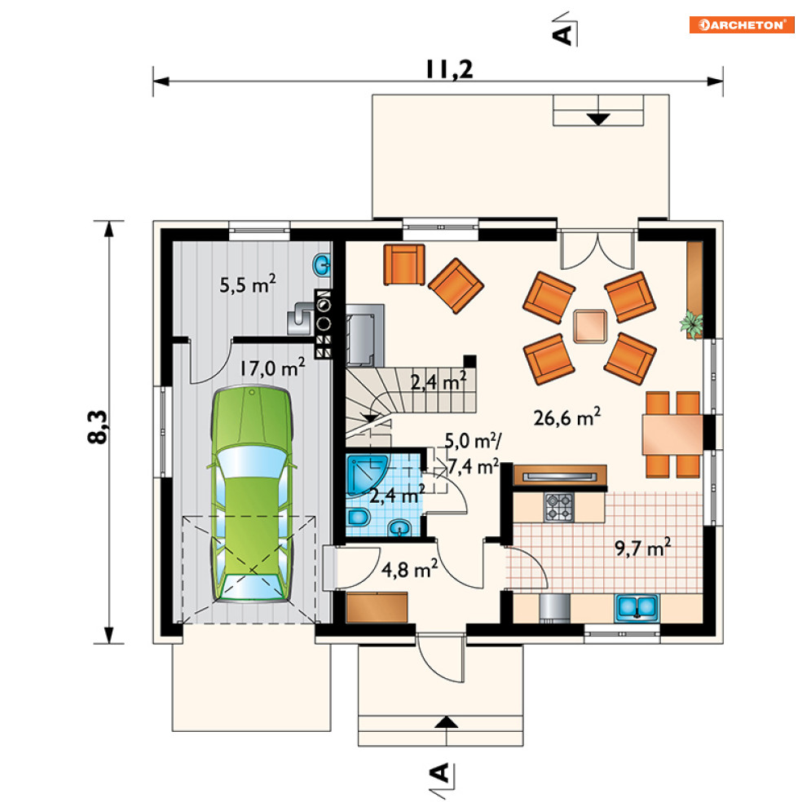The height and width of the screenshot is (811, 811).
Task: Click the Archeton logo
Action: pyautogui.click(x=742, y=24)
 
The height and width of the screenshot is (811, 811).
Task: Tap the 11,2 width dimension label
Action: pyautogui.click(x=449, y=69)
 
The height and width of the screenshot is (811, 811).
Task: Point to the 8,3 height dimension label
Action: pyautogui.click(x=97, y=427)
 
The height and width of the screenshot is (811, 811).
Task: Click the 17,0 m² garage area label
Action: pyautogui.click(x=272, y=368)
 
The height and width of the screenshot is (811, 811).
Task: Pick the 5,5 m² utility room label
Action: pyautogui.click(x=248, y=284)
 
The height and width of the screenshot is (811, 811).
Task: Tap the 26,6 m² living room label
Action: pyautogui.click(x=566, y=417)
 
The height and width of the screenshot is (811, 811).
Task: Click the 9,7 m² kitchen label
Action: pyautogui.click(x=643, y=547)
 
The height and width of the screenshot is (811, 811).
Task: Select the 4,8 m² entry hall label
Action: pyautogui.click(x=409, y=569)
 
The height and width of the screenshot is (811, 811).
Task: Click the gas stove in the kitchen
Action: pyautogui.click(x=559, y=507)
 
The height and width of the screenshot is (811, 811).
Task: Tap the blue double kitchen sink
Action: pyautogui.click(x=637, y=608)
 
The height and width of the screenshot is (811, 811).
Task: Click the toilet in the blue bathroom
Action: pyautogui.click(x=359, y=518)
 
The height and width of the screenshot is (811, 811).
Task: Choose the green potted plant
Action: pyautogui.click(x=692, y=324)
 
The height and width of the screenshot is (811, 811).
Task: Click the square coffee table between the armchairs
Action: pyautogui.click(x=590, y=326)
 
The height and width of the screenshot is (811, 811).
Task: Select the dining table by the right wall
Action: pyautogui.click(x=672, y=434)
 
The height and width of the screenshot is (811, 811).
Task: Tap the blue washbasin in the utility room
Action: pyautogui.click(x=322, y=266)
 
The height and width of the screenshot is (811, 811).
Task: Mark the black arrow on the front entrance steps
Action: pyautogui.click(x=446, y=722)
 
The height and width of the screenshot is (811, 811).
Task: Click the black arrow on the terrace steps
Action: pyautogui.click(x=598, y=119)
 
